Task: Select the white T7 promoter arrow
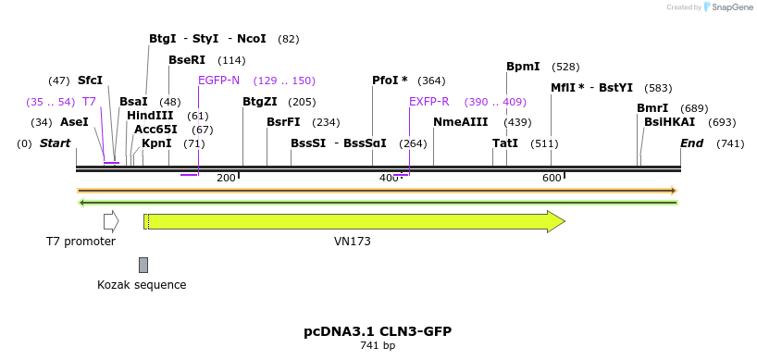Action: (111, 221)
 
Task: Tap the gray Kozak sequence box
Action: (143, 265)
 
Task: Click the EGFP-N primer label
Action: (218, 81)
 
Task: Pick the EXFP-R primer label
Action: (429, 102)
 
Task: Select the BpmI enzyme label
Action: (523, 67)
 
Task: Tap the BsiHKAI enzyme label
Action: (664, 122)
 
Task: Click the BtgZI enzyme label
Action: (259, 102)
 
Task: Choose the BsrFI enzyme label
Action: (283, 122)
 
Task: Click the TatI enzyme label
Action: (505, 143)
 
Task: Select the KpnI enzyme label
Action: (156, 143)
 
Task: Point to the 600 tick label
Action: (552, 178)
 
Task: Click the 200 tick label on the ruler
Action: (226, 178)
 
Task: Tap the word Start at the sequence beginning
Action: (56, 143)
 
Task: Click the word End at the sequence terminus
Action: (691, 143)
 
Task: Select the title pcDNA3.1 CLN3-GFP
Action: (378, 331)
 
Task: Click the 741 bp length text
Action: (378, 346)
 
